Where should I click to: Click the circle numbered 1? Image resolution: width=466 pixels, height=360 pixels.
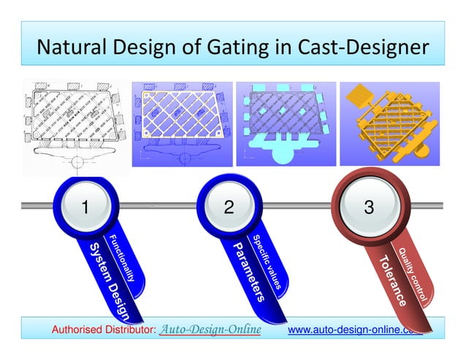click(85, 207)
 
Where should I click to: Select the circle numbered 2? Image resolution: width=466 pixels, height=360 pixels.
click(228, 207)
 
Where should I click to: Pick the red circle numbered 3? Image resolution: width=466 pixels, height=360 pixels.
click(369, 207)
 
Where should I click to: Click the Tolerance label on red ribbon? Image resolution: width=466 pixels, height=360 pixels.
click(390, 281)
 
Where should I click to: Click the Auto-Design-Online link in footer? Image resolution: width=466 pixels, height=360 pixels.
click(210, 330)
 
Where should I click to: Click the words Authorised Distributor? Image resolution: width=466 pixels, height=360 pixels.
click(103, 331)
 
